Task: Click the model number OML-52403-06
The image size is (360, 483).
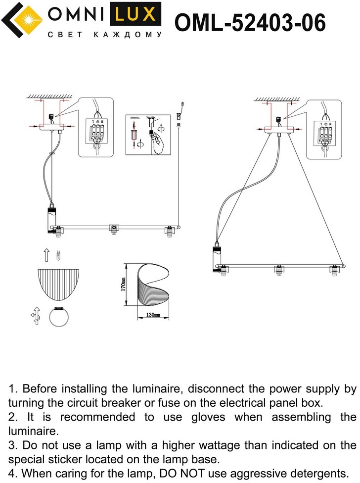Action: click(251, 23)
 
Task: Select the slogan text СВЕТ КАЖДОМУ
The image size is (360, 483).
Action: click(104, 35)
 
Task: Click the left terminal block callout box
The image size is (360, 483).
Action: click(96, 128)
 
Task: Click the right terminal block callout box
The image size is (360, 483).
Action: click(324, 130)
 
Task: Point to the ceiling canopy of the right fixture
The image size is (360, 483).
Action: click(278, 130)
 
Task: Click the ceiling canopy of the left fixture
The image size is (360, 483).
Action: click(51, 127)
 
